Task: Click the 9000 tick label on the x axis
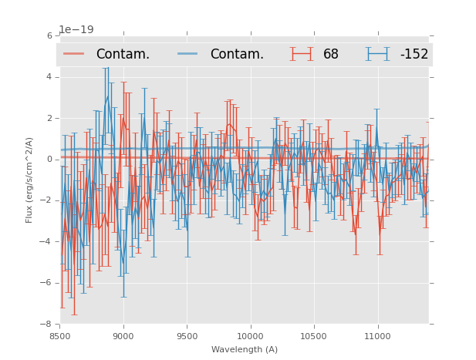coord(123,336)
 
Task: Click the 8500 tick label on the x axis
coord(60,336)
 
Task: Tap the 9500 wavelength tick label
coord(187,336)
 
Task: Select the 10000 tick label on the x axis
coord(250,336)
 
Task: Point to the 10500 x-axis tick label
coord(314,336)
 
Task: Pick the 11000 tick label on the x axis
coord(377,336)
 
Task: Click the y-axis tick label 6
coord(49,35)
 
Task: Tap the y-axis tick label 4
coord(49,77)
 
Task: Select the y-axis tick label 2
coord(49,118)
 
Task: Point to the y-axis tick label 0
coord(49,160)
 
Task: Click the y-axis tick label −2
coord(47,200)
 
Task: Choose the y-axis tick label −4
coord(47,242)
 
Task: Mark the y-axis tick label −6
coord(47,283)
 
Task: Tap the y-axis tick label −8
coord(47,325)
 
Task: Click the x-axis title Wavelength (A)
coord(245,349)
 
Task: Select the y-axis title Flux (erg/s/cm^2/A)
coord(29,180)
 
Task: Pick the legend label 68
coord(331,55)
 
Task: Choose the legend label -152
coord(414,55)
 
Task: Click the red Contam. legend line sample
coord(74,54)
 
